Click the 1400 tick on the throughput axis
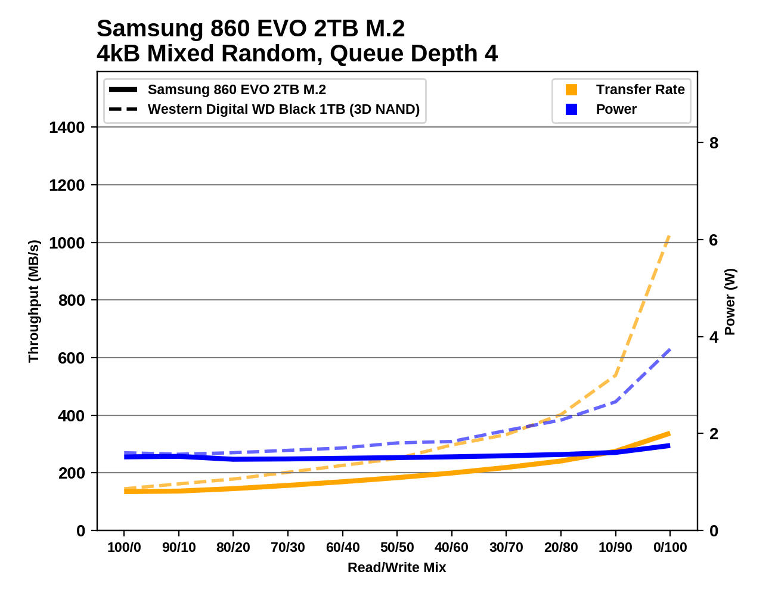(67, 128)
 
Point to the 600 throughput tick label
(71, 358)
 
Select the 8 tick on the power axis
(714, 143)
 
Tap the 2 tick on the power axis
(714, 434)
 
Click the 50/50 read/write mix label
(397, 548)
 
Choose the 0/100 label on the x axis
(670, 548)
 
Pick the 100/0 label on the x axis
(124, 548)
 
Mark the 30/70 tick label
(506, 548)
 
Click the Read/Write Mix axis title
(396, 567)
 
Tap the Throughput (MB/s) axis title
(33, 301)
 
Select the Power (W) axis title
(730, 302)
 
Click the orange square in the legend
(571, 90)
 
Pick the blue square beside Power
(571, 110)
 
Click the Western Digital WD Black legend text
(284, 110)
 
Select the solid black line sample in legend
(123, 90)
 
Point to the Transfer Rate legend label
(640, 90)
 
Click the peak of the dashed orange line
(669, 235)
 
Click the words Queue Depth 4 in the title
(414, 54)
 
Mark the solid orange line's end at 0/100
(669, 433)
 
